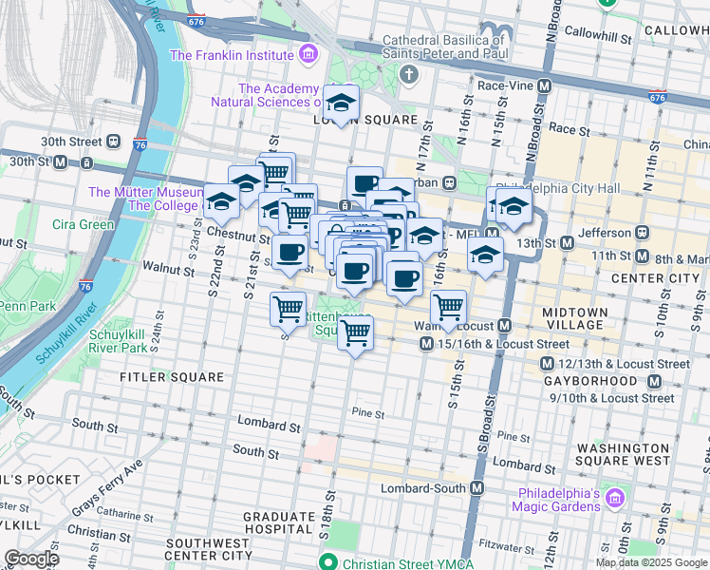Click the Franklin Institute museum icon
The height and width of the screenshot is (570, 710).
point(308,55)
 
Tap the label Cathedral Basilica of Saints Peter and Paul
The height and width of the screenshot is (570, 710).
point(442,47)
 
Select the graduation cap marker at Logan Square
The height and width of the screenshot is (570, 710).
point(341,103)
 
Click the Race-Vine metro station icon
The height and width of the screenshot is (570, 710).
point(545,85)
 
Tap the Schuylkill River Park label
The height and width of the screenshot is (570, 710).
point(119,342)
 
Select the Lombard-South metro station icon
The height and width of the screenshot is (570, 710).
point(476,487)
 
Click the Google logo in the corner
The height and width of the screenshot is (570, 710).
point(30,559)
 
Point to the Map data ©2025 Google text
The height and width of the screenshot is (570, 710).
point(651,562)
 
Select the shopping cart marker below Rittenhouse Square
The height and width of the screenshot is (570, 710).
point(355,333)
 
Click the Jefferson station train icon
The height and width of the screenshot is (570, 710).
point(643,233)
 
